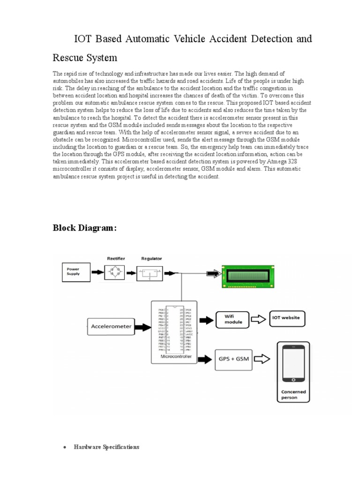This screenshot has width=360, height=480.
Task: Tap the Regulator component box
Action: (150, 272)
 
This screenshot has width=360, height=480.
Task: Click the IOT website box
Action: (286, 318)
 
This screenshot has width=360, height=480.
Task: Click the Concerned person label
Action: (293, 395)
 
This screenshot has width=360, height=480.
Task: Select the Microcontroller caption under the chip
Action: (174, 357)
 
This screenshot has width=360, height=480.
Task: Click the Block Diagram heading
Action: (84, 228)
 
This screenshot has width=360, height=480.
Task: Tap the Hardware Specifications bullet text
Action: (106, 447)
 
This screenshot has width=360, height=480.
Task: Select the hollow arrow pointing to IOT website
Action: (259, 319)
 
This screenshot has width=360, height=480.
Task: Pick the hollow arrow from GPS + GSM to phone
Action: (262, 360)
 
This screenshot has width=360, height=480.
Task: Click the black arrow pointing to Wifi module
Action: (205, 320)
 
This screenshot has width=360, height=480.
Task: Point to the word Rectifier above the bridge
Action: (116, 258)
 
